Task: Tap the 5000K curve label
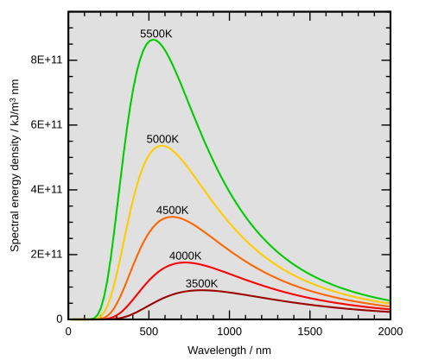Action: click(162, 139)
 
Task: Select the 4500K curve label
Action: click(172, 211)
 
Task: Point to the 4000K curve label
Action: click(185, 256)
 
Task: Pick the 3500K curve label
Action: click(201, 283)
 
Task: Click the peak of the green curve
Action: click(153, 40)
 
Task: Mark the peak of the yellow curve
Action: click(161, 146)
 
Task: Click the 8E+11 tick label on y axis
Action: click(41, 60)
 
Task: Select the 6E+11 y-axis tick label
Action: click(41, 125)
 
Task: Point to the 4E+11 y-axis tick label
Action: click(41, 190)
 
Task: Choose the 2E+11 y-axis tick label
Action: click(41, 255)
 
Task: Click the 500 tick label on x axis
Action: click(149, 331)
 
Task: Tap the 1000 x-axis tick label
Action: click(229, 331)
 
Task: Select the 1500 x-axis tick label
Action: click(309, 331)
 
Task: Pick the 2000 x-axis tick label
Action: click(389, 331)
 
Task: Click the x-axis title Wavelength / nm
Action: click(229, 351)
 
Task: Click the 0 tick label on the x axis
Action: click(70, 331)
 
